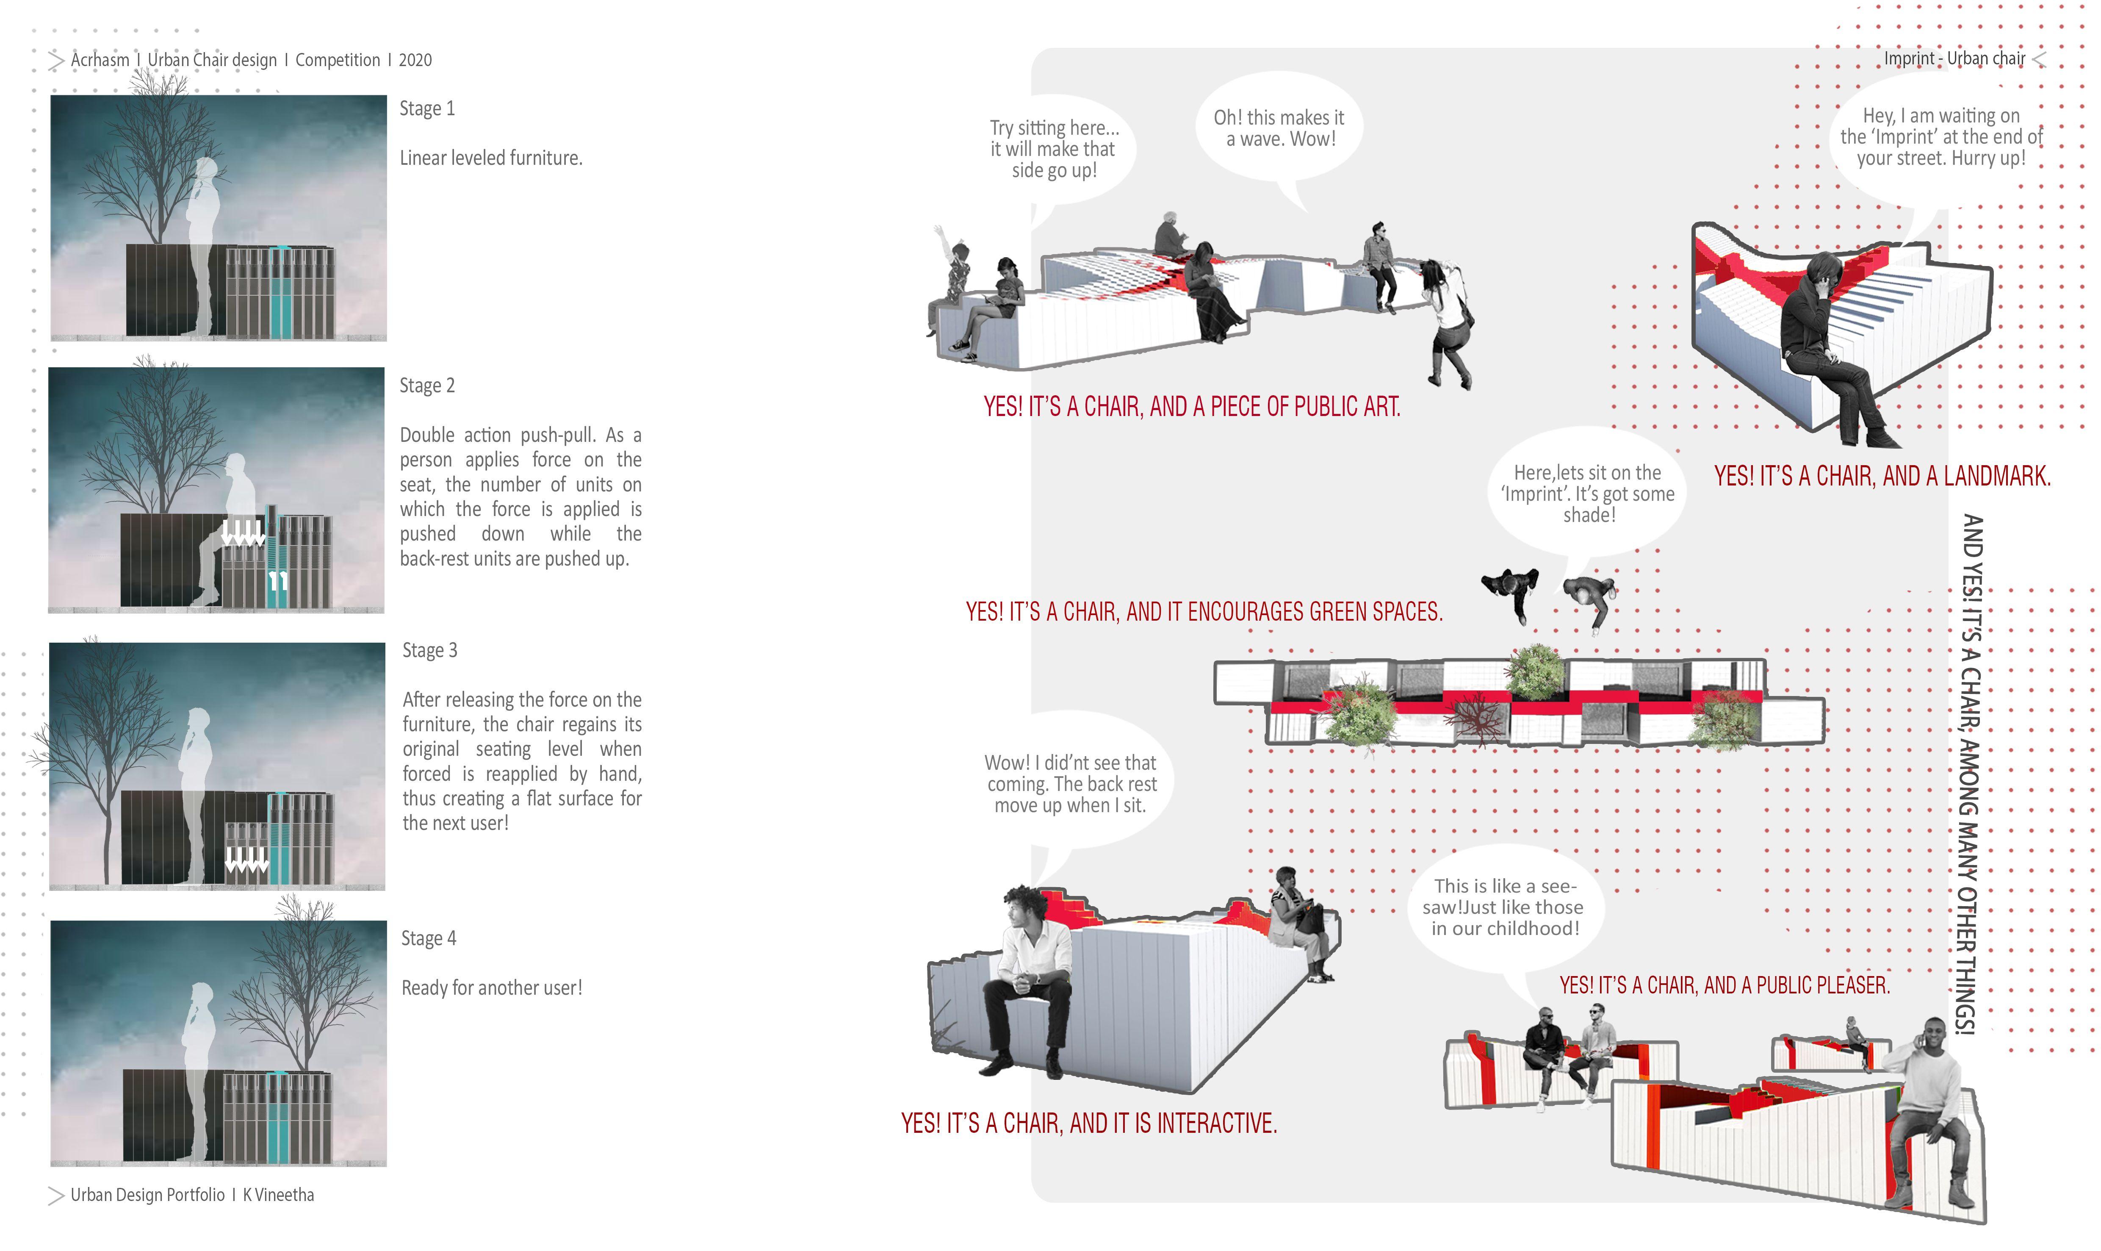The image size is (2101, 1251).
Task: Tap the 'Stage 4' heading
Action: coord(428,938)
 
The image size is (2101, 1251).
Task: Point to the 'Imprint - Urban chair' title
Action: coord(1954,58)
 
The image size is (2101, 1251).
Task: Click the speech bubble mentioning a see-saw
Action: coord(1504,907)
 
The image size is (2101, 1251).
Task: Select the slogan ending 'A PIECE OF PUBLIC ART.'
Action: coord(1192,407)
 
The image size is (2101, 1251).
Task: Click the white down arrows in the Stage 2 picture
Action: coord(243,534)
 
